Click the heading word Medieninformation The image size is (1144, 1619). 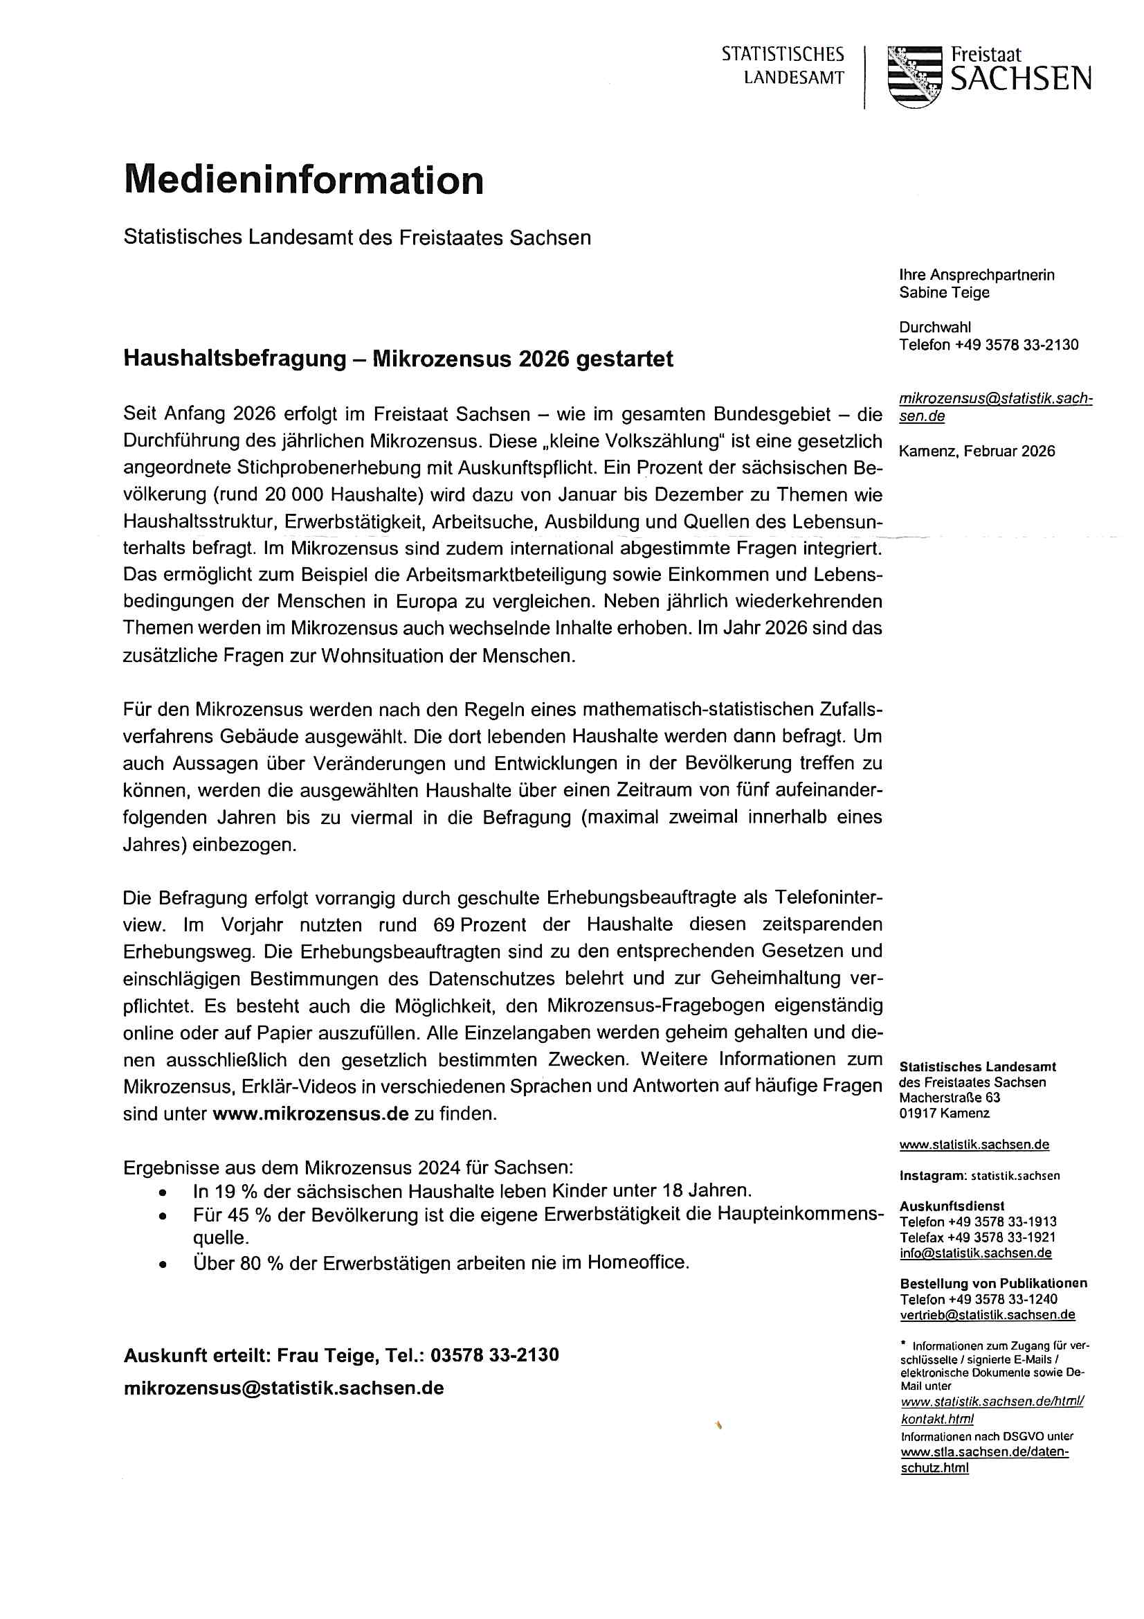pyautogui.click(x=304, y=180)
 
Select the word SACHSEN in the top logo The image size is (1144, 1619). pyautogui.click(x=1021, y=80)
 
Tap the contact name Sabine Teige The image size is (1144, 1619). pyautogui.click(x=944, y=293)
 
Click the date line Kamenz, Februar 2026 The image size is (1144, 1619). pyautogui.click(x=977, y=451)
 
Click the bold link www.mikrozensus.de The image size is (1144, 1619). pyautogui.click(x=310, y=1114)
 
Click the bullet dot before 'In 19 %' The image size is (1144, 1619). pyautogui.click(x=163, y=1192)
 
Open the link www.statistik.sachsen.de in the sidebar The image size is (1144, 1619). pyautogui.click(x=974, y=1145)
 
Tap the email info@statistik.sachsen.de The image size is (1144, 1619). pyautogui.click(x=976, y=1253)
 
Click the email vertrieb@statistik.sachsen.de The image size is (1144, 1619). pyautogui.click(x=987, y=1314)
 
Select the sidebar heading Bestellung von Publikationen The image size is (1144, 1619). pyautogui.click(x=993, y=1283)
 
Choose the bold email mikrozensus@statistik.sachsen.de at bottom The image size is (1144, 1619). pyautogui.click(x=283, y=1388)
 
